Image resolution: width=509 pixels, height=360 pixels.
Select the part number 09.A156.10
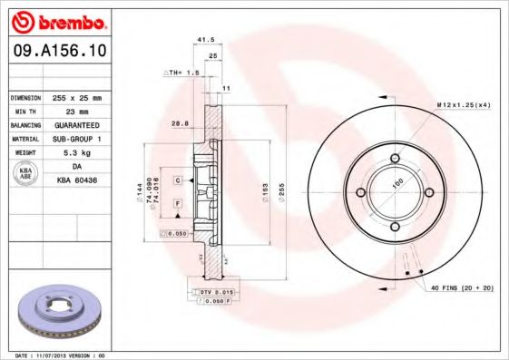coord(57,53)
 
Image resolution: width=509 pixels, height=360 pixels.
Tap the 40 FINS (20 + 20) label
coord(459,289)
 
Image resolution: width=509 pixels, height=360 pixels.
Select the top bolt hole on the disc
coord(396,160)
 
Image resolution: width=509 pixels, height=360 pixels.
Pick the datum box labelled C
coord(178,180)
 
